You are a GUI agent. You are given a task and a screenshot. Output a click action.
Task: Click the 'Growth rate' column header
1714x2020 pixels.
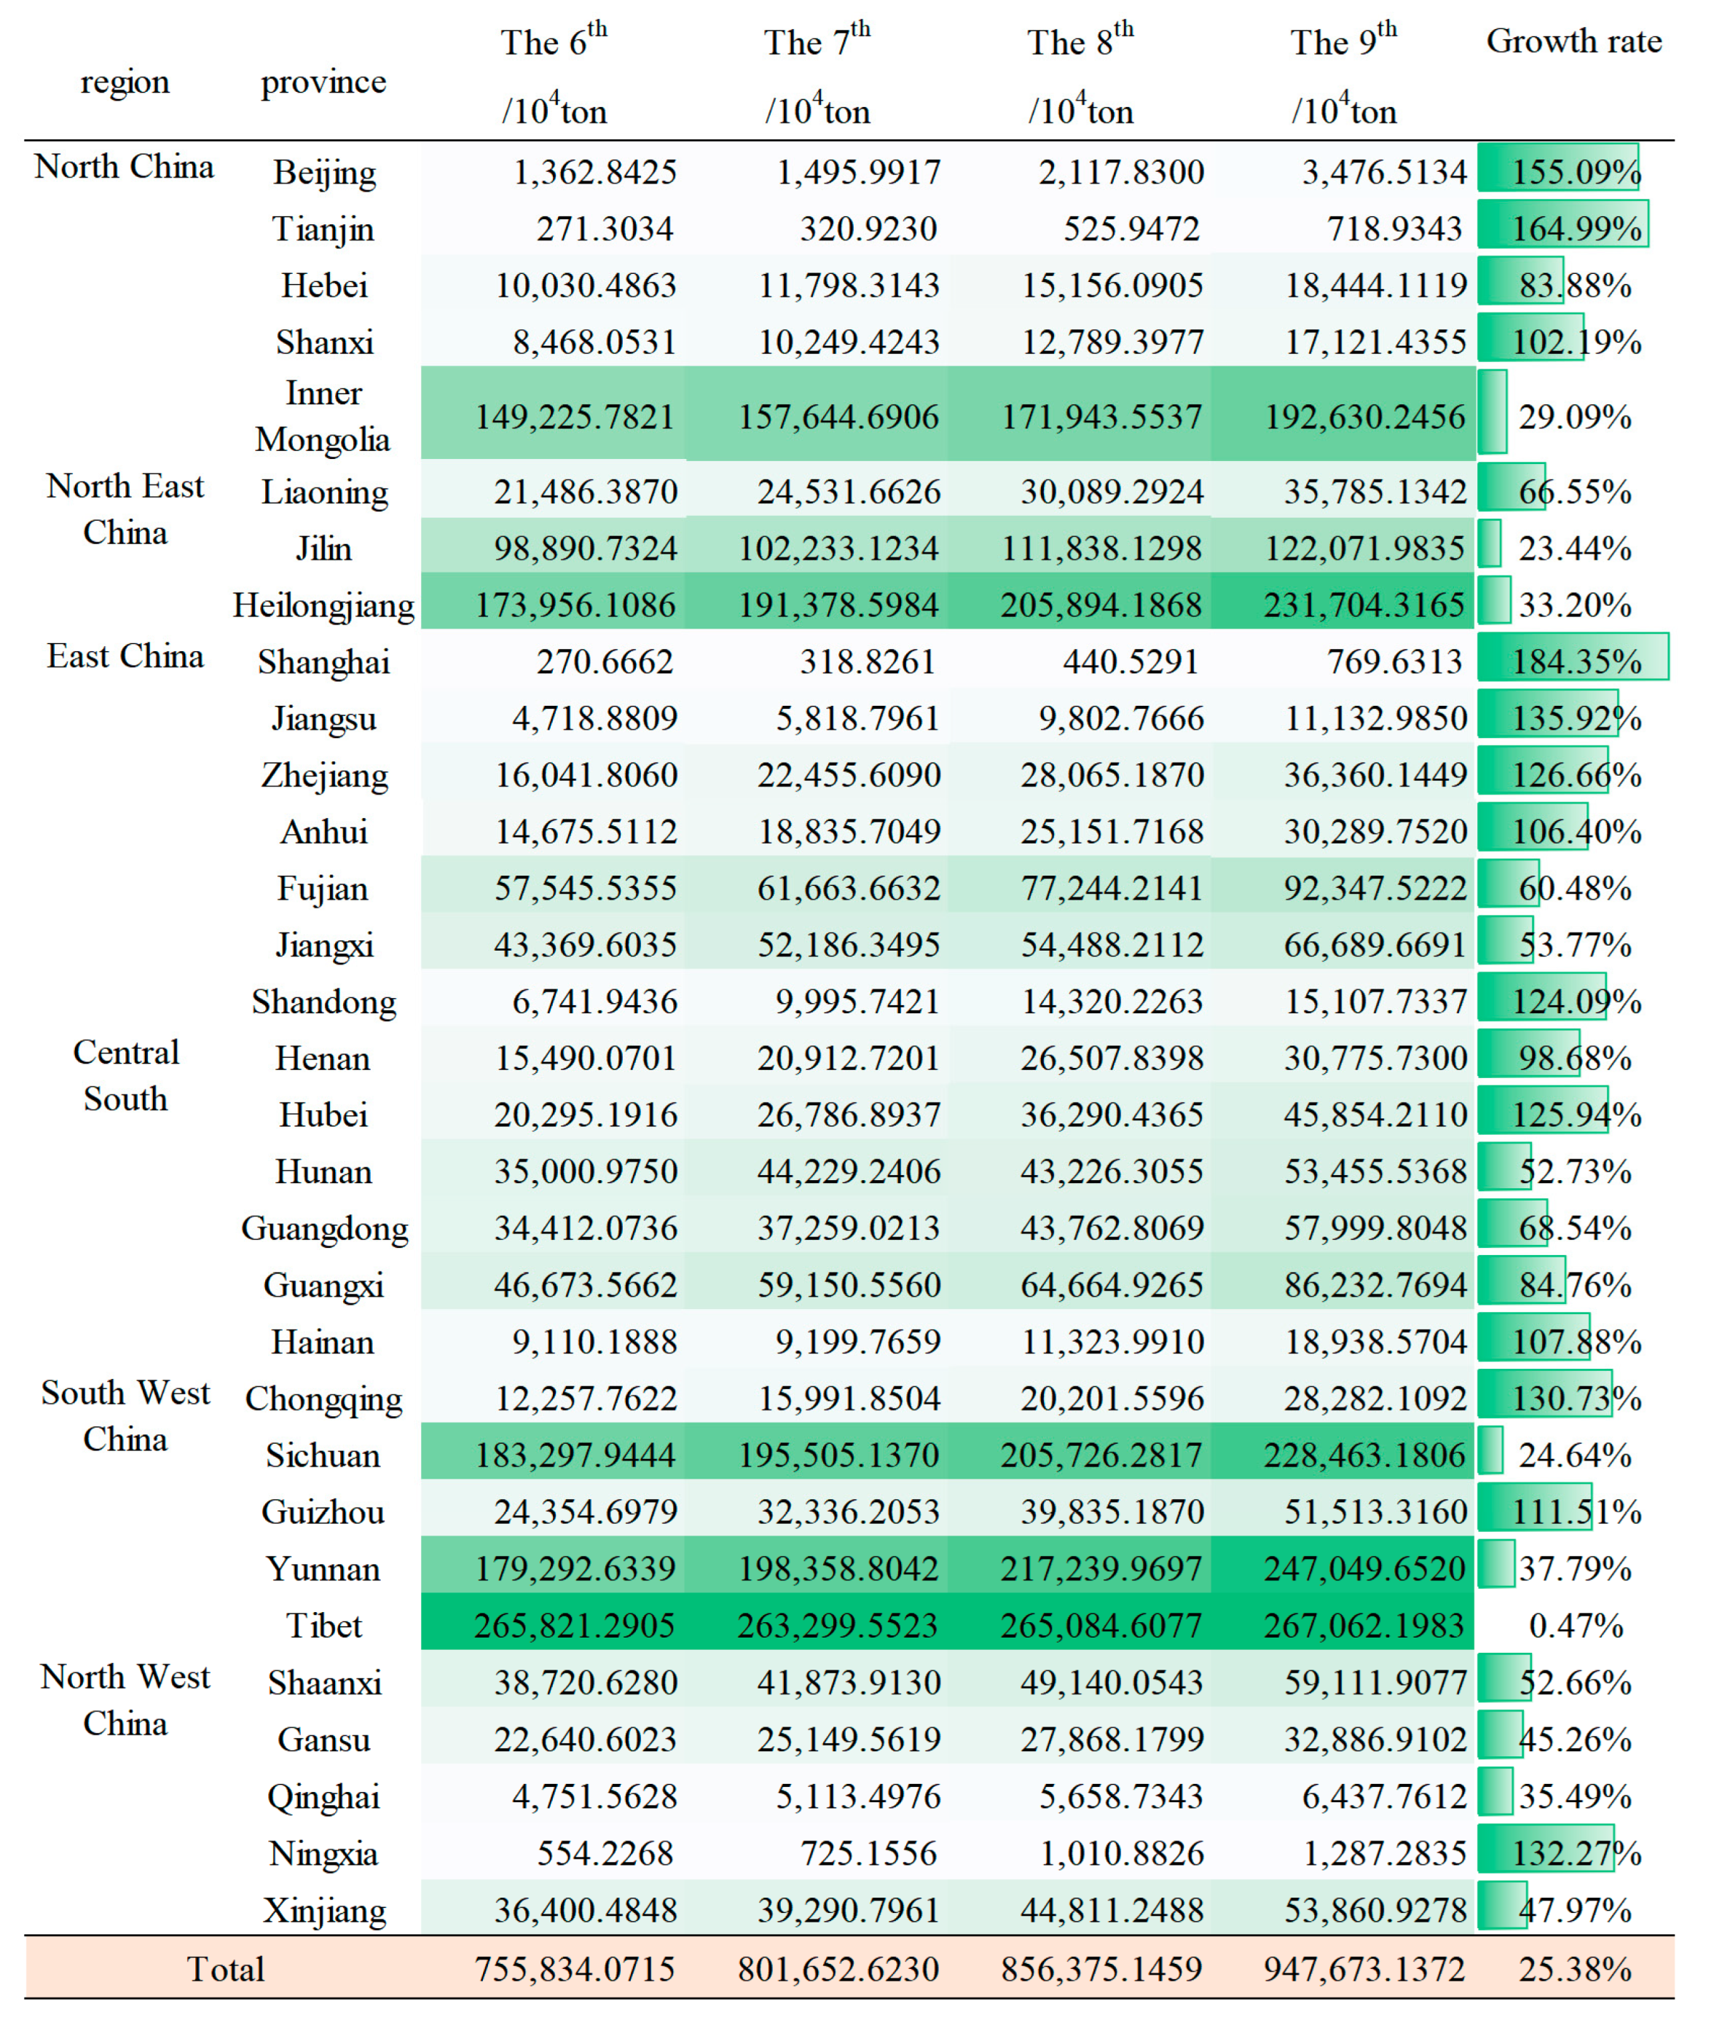click(1573, 42)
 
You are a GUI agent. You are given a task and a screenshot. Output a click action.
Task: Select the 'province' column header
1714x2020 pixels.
click(323, 82)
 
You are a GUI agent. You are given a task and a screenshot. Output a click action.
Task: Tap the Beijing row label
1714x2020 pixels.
click(323, 172)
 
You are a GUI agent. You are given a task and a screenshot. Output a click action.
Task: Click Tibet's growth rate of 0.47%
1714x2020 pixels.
click(1575, 1624)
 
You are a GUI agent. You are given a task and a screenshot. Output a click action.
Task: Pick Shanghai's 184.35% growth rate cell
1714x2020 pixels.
click(1575, 661)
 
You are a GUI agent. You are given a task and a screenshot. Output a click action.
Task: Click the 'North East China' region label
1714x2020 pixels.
click(125, 508)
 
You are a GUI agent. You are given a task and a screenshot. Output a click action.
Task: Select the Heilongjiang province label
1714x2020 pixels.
click(323, 605)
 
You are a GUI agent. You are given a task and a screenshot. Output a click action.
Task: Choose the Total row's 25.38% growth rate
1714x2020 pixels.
click(1574, 1968)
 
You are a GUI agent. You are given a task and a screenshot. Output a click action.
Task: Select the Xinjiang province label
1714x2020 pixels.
click(323, 1910)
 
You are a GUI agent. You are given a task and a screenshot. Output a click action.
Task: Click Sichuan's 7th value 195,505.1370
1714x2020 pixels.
click(838, 1455)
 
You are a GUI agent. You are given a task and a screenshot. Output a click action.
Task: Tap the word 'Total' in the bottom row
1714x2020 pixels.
click(225, 1968)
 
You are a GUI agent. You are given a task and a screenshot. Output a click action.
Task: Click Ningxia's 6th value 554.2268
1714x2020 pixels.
click(605, 1853)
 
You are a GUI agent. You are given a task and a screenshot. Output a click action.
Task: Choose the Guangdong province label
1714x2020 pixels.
click(323, 1228)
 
